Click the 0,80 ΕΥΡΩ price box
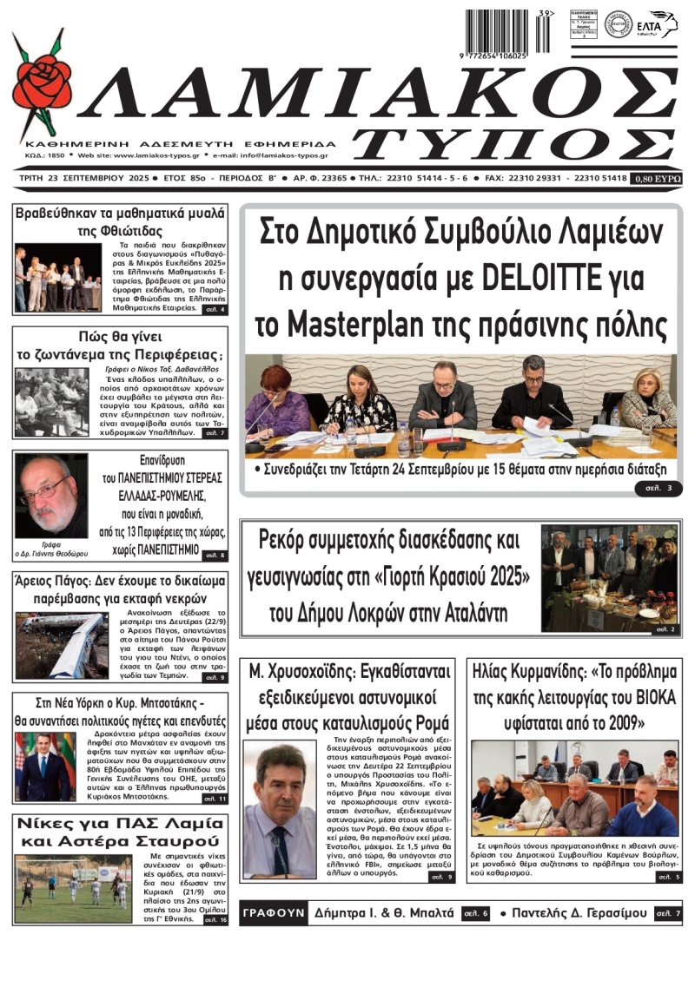click(657, 178)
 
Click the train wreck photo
click(62, 646)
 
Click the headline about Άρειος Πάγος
click(120, 590)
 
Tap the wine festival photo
click(609, 577)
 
